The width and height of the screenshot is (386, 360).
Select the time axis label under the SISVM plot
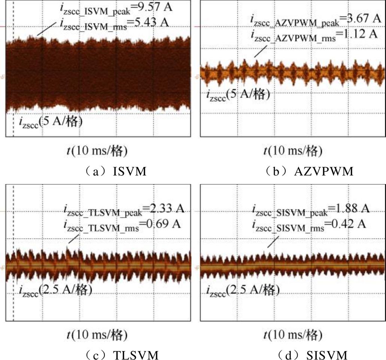(x=293, y=334)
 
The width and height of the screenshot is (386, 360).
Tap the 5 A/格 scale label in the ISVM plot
(x=51, y=122)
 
